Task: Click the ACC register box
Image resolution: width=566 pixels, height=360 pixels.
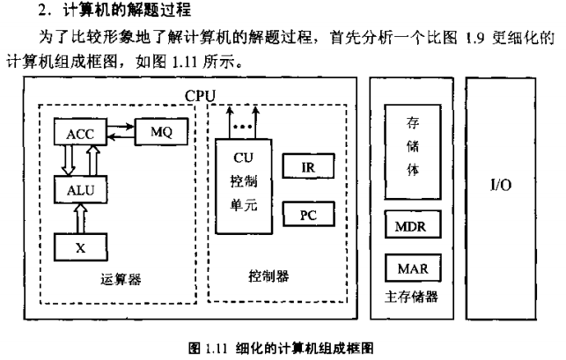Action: click(81, 133)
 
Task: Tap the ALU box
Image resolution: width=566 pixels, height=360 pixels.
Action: click(81, 189)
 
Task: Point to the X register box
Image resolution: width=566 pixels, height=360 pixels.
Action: click(81, 247)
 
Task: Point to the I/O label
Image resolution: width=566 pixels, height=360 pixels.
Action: click(501, 187)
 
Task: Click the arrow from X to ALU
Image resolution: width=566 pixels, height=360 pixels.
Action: click(81, 217)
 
